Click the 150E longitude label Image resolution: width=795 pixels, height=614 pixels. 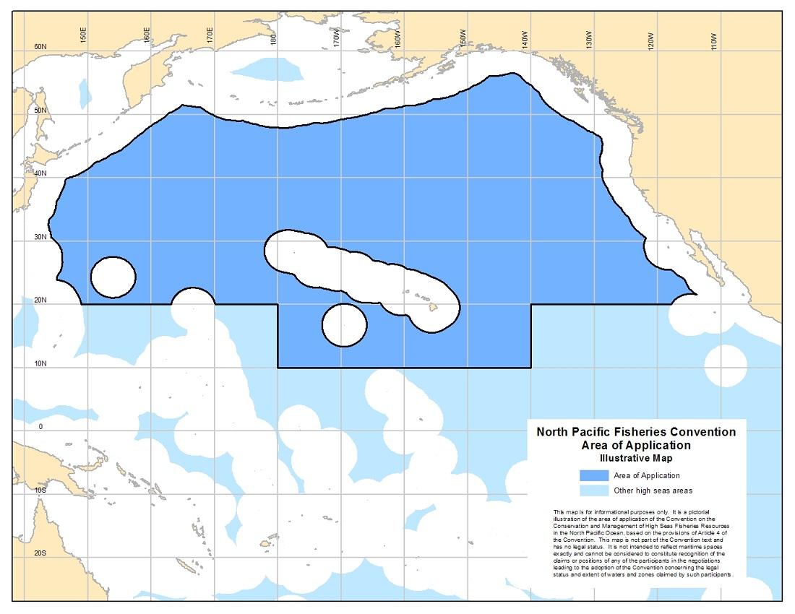[x=84, y=34]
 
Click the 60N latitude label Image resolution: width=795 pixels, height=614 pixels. [x=40, y=47]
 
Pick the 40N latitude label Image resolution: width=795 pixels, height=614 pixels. [x=40, y=173]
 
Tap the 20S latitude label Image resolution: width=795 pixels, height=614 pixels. [x=40, y=553]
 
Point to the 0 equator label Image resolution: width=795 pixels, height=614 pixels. [x=40, y=427]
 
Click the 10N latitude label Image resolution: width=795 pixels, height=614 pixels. [x=40, y=363]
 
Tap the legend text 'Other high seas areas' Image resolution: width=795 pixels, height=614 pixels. [x=653, y=491]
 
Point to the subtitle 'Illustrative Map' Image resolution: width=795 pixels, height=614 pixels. [x=635, y=458]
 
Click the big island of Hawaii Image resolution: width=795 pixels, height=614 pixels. [x=434, y=307]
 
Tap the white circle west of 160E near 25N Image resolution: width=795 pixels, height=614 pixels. [x=113, y=277]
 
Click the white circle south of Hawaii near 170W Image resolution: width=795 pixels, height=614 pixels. [x=344, y=324]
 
